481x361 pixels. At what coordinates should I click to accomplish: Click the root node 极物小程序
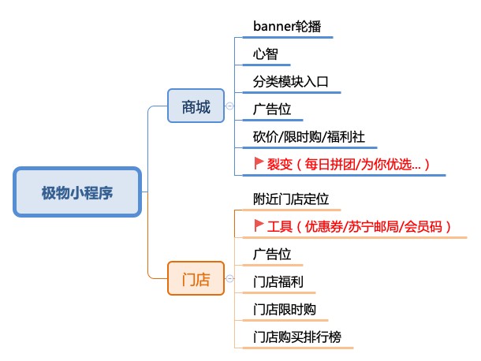click(x=77, y=192)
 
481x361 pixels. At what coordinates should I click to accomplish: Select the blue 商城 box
click(x=196, y=106)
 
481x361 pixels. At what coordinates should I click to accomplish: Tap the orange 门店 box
click(x=196, y=278)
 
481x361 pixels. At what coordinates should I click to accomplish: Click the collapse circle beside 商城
click(x=229, y=106)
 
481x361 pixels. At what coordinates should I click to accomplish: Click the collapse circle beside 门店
click(x=229, y=278)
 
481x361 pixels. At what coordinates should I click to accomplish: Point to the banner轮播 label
click(x=287, y=26)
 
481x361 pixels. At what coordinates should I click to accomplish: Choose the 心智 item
click(x=266, y=54)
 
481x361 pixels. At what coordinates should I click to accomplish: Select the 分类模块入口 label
click(x=290, y=82)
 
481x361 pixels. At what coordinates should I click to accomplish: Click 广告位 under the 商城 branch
click(x=272, y=110)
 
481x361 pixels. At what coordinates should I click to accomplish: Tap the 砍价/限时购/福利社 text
click(x=309, y=137)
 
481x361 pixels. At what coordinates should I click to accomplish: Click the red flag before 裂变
click(x=259, y=163)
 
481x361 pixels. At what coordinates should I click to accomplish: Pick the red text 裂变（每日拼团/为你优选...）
click(x=349, y=165)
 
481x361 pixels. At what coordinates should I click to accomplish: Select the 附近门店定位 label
click(x=291, y=199)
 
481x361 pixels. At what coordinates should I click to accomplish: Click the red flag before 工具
click(x=259, y=225)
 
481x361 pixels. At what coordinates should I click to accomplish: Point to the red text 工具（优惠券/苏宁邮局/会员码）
click(x=359, y=227)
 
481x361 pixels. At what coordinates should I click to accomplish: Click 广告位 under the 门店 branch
click(x=272, y=255)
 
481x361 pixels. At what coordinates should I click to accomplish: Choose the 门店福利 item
click(x=278, y=282)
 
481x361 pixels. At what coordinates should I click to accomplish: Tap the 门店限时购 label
click(x=285, y=310)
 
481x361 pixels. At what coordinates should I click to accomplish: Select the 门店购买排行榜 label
click(x=297, y=337)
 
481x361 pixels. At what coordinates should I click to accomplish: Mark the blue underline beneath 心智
click(x=267, y=65)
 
